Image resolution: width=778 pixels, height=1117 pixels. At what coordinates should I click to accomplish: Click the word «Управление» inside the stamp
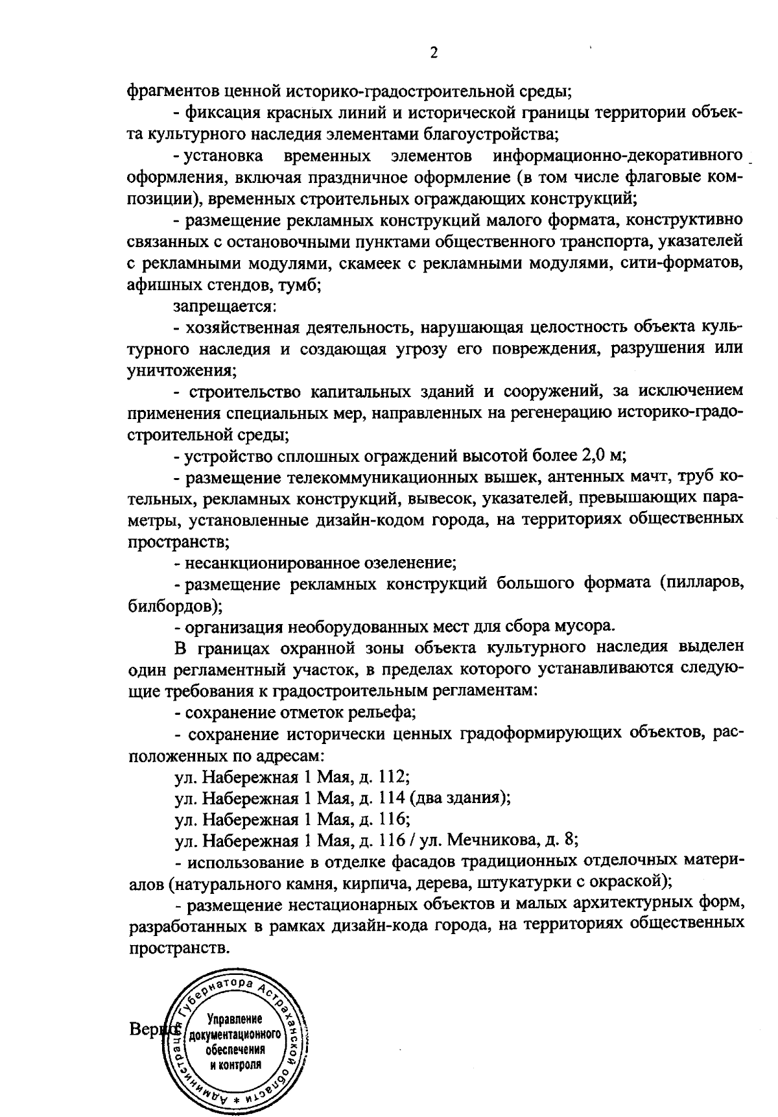point(234,1019)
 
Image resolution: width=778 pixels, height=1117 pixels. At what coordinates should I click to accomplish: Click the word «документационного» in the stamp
point(234,1034)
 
